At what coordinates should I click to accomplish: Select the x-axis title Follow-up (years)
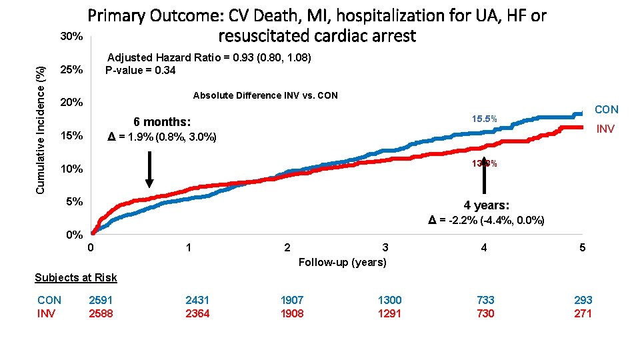click(343, 262)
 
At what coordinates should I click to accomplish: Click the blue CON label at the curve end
click(606, 109)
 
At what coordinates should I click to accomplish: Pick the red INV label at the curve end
click(605, 129)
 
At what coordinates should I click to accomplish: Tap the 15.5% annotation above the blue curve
click(485, 118)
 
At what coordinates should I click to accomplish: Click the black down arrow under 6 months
click(149, 169)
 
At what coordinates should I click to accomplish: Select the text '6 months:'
click(162, 122)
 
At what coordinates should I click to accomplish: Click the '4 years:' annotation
click(487, 205)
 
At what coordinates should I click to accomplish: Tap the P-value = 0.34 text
click(140, 71)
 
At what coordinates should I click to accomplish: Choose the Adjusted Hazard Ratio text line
click(209, 58)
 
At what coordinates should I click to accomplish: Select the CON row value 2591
click(101, 300)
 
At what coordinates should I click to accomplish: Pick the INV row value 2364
click(197, 313)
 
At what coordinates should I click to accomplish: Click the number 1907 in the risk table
click(292, 300)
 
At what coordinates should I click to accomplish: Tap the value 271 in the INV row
click(583, 313)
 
